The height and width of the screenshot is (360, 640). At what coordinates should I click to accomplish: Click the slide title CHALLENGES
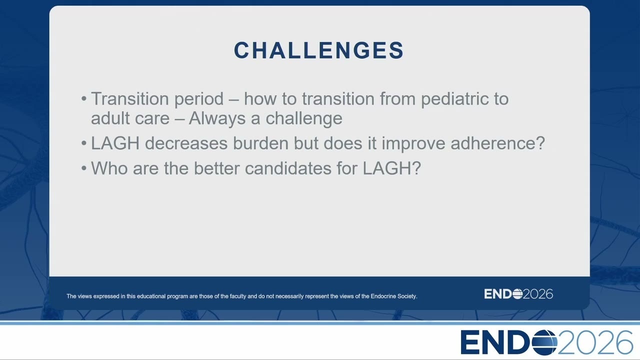coord(319,50)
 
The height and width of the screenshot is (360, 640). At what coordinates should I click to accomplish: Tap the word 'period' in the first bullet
coord(199,99)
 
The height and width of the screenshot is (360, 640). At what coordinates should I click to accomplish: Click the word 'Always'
coord(217,119)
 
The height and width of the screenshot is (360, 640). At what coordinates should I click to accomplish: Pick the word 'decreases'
coord(186,143)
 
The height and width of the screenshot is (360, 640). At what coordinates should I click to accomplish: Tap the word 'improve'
coord(413,143)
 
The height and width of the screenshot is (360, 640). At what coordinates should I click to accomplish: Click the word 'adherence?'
coord(497,143)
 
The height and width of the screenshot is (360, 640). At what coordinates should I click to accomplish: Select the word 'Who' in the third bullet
coord(109,168)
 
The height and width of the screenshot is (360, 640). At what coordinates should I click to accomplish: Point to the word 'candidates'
coord(288,168)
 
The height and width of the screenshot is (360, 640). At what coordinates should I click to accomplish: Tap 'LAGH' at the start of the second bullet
coord(115,143)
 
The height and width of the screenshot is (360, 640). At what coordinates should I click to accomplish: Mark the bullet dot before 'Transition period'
coord(83,99)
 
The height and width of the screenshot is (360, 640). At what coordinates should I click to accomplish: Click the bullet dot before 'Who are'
coord(83,168)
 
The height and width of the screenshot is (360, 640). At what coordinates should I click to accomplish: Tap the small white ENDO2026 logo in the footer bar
coord(518,294)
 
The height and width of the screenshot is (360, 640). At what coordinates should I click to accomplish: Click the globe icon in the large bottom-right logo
coord(544,342)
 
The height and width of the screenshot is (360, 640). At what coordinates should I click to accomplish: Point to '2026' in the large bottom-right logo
coord(595,342)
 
